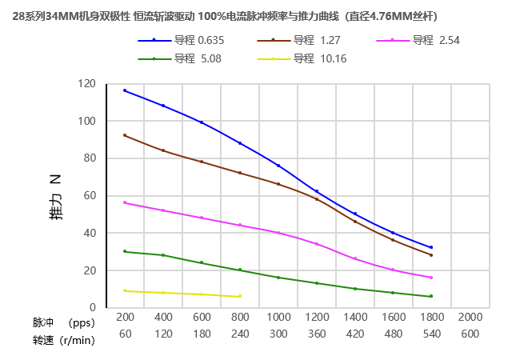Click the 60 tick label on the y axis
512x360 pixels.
point(90,196)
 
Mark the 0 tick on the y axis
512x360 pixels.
point(93,308)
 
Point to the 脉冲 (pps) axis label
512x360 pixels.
point(63,323)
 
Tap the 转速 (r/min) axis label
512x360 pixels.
point(63,340)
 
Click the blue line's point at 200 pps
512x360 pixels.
point(125,90)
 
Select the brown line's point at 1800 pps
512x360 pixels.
point(431,255)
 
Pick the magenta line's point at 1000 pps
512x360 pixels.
point(278,233)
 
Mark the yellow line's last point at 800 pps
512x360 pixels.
point(240,296)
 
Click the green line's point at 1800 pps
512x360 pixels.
point(431,296)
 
